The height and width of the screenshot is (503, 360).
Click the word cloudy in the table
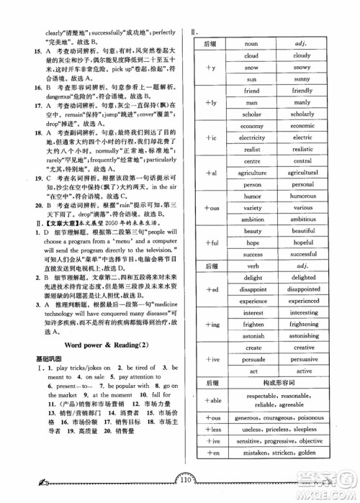[x=302, y=55]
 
